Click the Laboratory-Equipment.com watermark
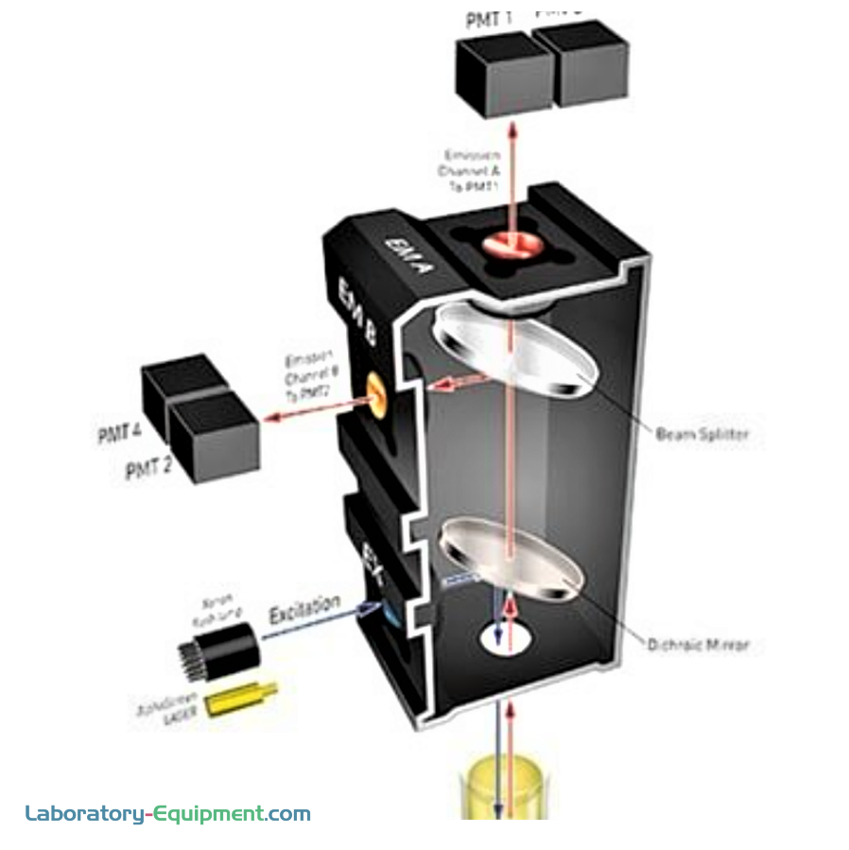pyautogui.click(x=167, y=813)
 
